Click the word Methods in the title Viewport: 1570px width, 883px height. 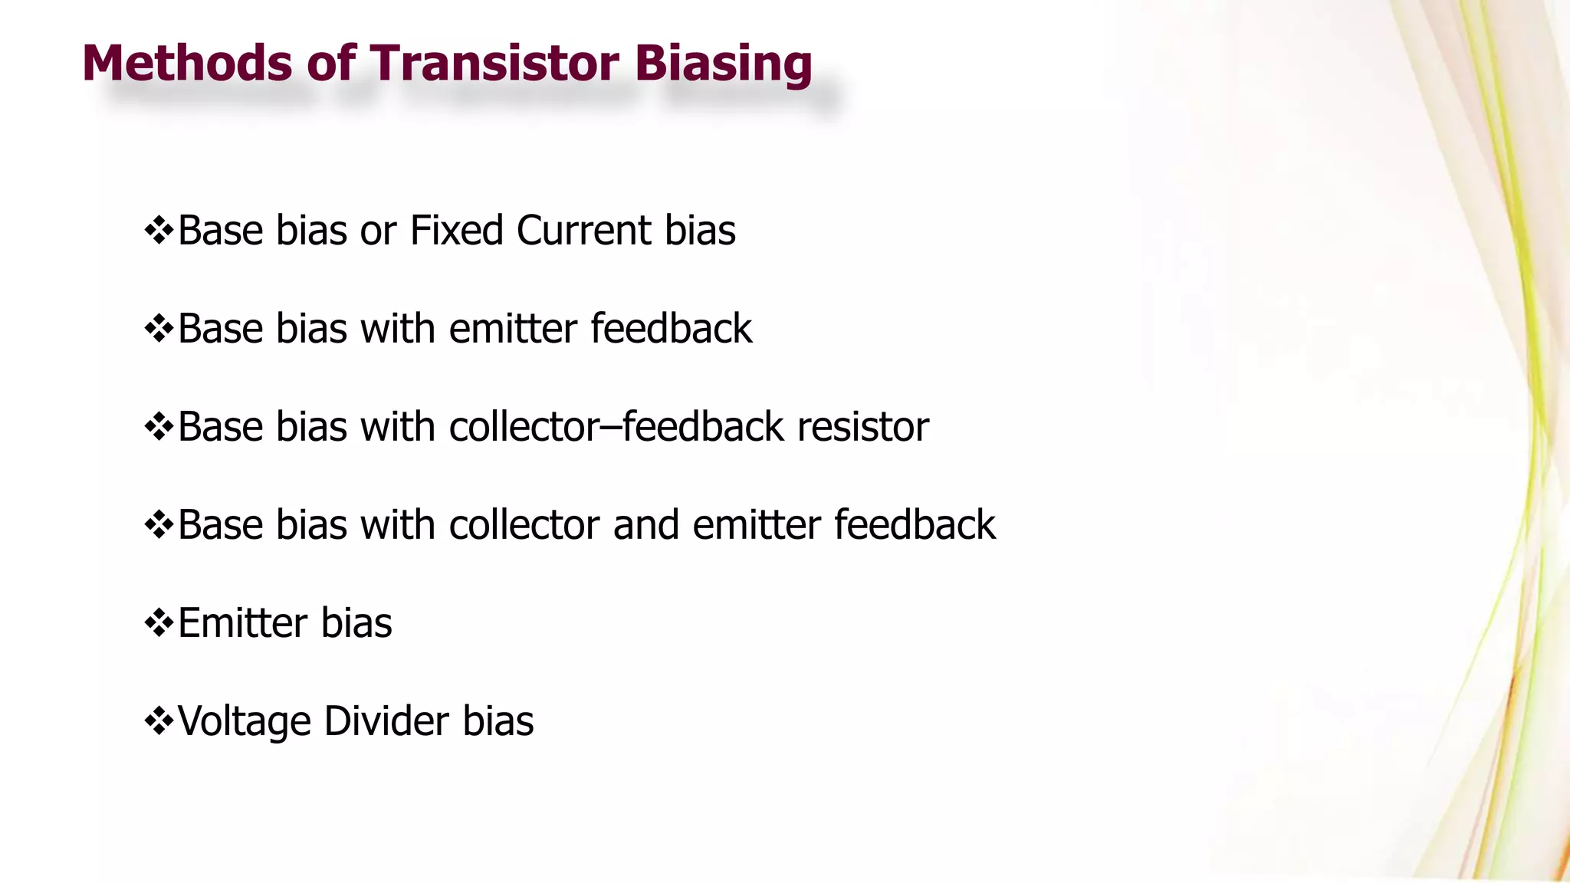(x=187, y=63)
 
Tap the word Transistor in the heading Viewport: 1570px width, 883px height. (x=495, y=63)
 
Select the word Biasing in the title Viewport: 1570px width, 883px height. (x=723, y=64)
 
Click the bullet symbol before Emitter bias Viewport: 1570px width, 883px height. (x=159, y=622)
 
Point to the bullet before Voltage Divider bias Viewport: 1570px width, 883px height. (x=159, y=721)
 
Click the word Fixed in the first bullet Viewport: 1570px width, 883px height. (x=456, y=230)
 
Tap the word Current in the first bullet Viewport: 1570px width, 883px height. (x=583, y=230)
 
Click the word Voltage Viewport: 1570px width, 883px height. (x=242, y=722)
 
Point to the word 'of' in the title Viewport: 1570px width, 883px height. (x=331, y=63)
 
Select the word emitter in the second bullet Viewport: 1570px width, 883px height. (x=513, y=329)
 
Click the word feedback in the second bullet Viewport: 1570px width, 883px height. (x=671, y=329)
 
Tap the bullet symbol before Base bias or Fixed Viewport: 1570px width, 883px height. (x=159, y=230)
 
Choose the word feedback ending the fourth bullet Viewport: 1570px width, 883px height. (x=914, y=525)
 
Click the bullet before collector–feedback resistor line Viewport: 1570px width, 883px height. (x=159, y=426)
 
